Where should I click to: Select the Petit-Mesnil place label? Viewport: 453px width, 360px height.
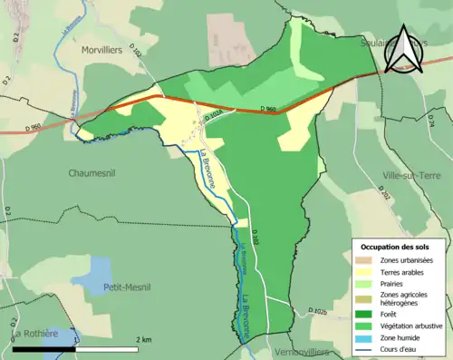click(127, 287)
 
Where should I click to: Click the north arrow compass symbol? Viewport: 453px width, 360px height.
click(402, 51)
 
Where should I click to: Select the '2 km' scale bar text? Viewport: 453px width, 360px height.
click(144, 339)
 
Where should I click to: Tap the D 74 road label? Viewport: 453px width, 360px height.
click(431, 126)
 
